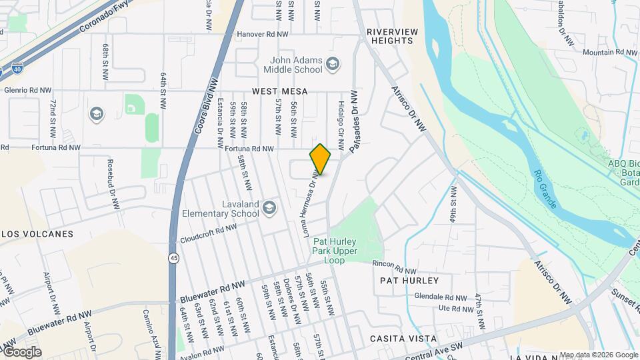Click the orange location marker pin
[320, 159]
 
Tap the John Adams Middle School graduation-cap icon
[333, 64]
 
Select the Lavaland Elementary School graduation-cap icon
[269, 208]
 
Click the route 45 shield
[173, 257]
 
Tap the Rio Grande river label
[545, 189]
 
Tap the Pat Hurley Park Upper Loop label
[329, 253]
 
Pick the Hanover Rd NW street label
[263, 34]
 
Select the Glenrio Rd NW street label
[27, 91]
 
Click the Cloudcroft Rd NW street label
[208, 232]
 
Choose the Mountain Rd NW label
[609, 53]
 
